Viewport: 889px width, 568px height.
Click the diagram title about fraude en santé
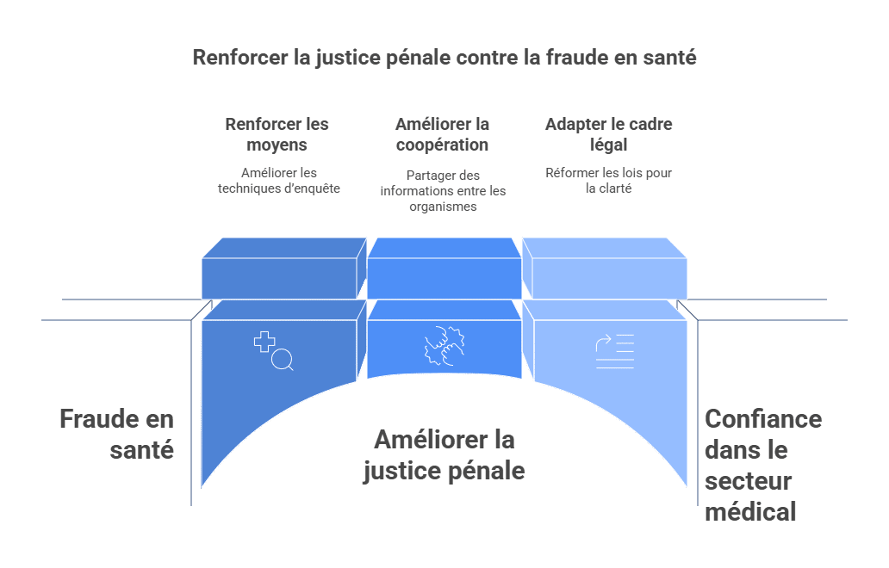pos(444,57)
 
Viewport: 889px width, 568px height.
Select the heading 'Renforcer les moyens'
pos(277,134)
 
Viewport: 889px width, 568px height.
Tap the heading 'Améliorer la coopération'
pos(442,134)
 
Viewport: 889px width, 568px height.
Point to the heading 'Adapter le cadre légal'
pos(608,134)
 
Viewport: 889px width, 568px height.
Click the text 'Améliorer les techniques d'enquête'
pos(279,181)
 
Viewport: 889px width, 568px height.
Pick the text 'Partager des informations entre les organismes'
pos(443,191)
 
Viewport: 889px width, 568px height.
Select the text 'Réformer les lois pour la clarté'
pos(608,181)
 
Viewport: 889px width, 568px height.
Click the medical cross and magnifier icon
pos(274,351)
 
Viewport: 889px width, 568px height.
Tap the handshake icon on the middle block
pos(444,345)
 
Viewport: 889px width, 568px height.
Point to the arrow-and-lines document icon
pos(614,351)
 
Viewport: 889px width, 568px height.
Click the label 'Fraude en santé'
pos(117,435)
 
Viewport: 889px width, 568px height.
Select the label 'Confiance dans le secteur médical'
pos(763,466)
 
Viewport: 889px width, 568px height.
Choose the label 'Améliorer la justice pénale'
pos(444,454)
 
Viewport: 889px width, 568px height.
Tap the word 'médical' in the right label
pos(750,511)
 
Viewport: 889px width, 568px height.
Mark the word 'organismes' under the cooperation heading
pos(443,207)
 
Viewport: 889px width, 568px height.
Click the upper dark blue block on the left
pos(284,269)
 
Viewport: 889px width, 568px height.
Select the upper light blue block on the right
pos(605,269)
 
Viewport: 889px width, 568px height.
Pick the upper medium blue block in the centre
pos(444,269)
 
